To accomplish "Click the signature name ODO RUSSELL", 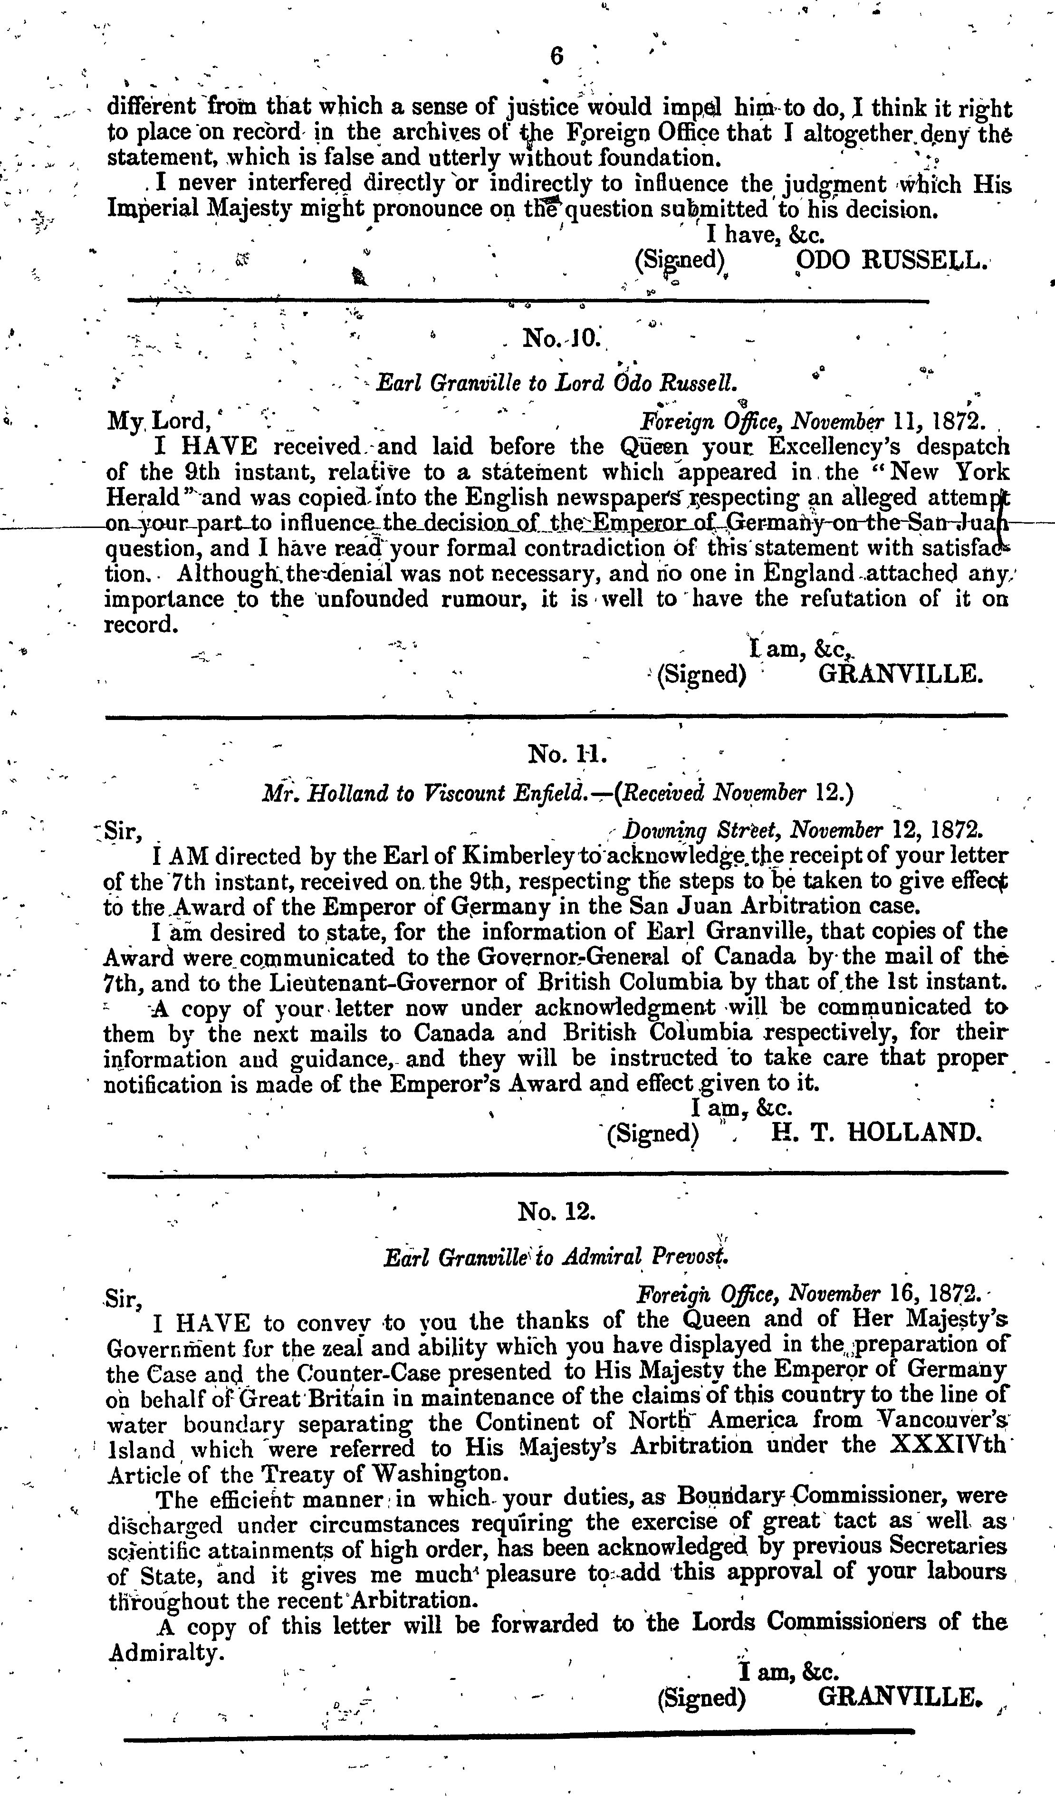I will pos(892,260).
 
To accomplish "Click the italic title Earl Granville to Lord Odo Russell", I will pos(556,384).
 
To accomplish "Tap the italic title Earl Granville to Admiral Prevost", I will pos(555,1258).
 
